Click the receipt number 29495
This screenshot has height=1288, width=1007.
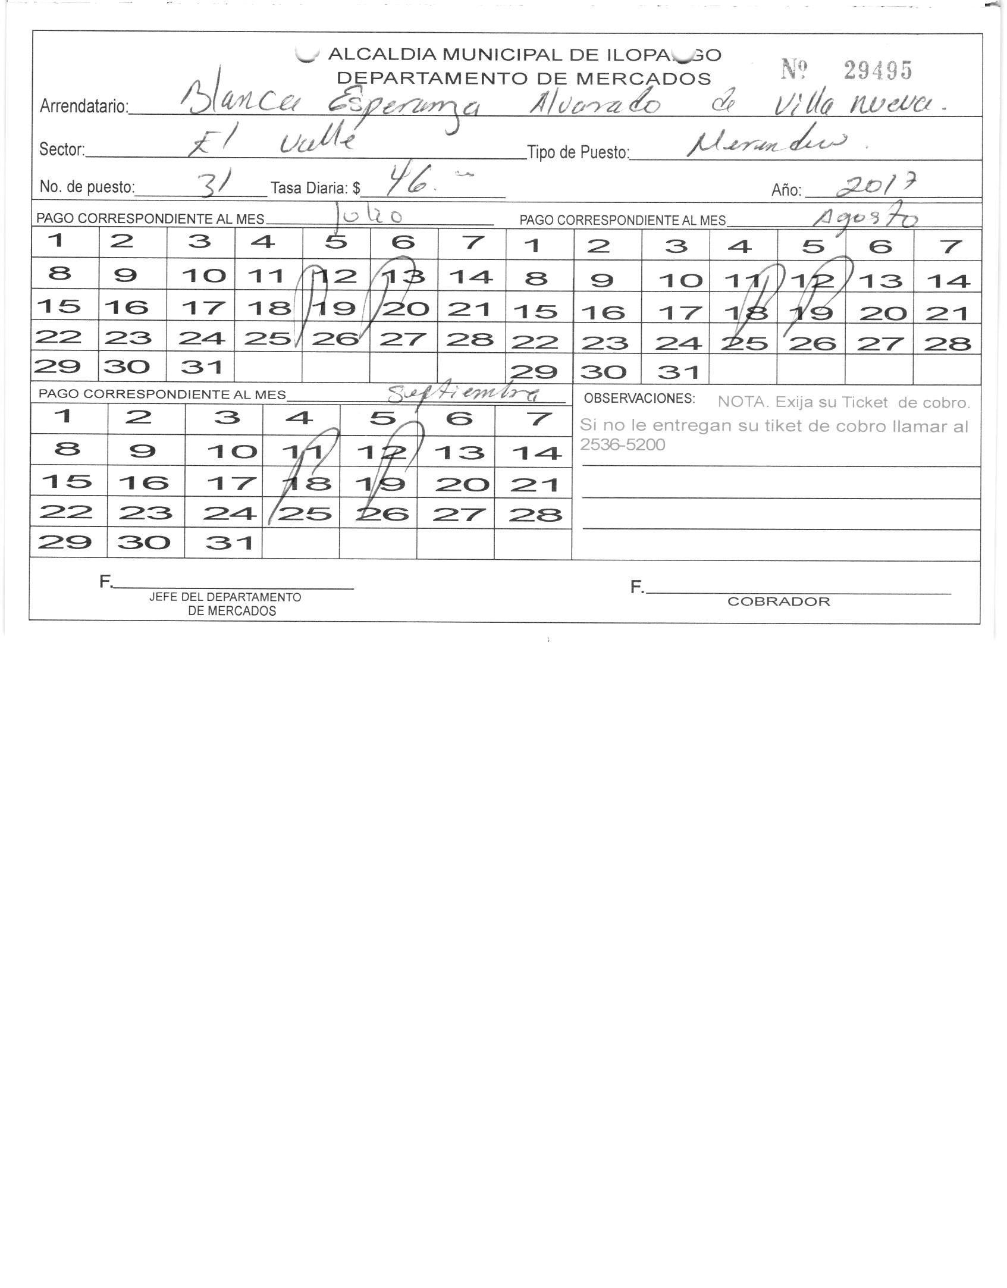[877, 71]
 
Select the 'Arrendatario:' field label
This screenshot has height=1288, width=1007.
[84, 106]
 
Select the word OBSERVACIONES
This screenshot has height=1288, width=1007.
[639, 399]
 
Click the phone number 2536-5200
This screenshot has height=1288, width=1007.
[622, 444]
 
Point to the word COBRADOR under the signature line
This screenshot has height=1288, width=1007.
[778, 601]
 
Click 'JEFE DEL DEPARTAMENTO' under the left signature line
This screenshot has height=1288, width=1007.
[225, 597]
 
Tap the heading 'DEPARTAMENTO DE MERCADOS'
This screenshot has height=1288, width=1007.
[523, 79]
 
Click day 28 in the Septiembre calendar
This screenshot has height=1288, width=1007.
[535, 513]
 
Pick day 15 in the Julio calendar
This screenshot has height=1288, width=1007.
[58, 306]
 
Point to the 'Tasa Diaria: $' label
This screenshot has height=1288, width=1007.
[315, 189]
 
